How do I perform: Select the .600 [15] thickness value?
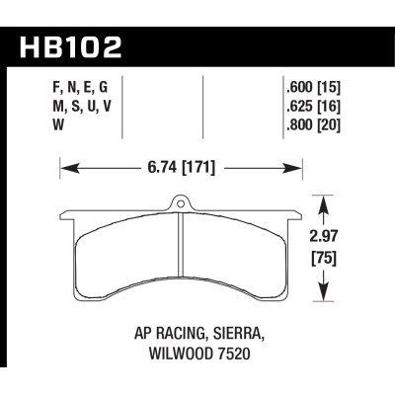[x=309, y=85]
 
